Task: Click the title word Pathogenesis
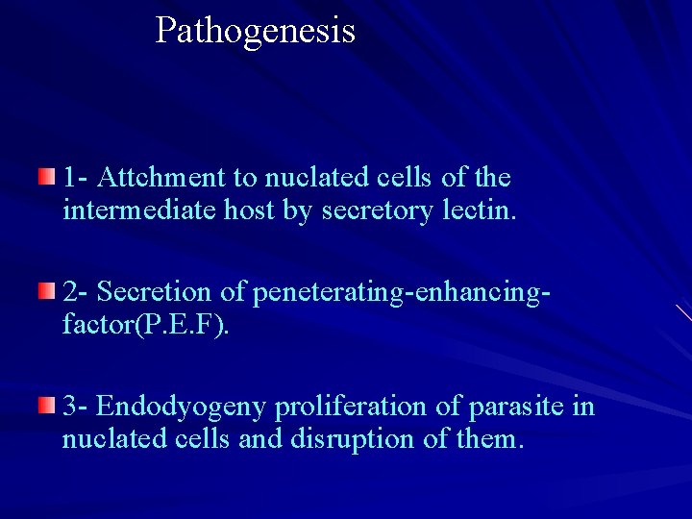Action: [x=255, y=31]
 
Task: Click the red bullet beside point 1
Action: [x=47, y=176]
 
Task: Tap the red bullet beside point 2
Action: [x=47, y=290]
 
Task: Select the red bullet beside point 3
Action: [x=47, y=406]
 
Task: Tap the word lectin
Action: [x=480, y=210]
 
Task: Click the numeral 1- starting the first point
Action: [x=76, y=178]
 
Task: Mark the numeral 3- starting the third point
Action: [x=76, y=408]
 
